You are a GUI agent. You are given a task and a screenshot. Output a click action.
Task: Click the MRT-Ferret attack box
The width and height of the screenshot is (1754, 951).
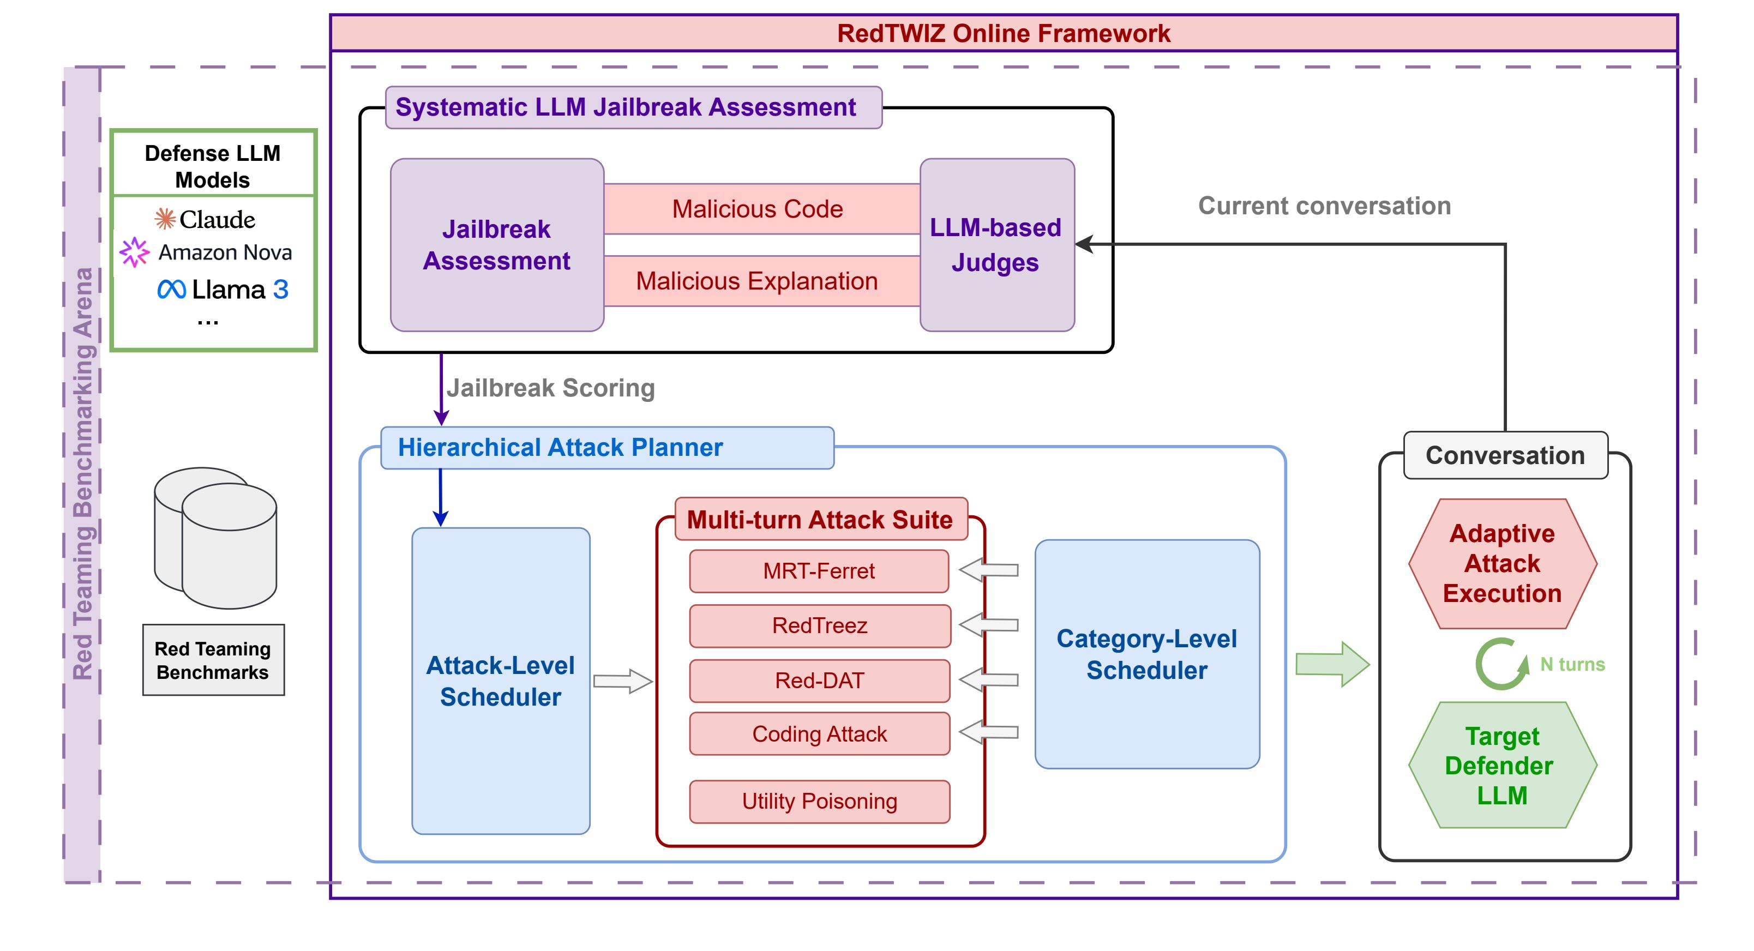(x=819, y=571)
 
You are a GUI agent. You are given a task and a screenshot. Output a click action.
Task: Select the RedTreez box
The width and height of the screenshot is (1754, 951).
(x=819, y=625)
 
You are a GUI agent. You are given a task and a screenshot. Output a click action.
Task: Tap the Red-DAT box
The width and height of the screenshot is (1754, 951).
(x=819, y=681)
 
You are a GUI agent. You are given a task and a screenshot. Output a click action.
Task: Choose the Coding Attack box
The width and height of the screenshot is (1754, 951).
(x=819, y=734)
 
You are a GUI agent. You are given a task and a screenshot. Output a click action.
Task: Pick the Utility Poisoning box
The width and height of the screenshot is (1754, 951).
(x=819, y=801)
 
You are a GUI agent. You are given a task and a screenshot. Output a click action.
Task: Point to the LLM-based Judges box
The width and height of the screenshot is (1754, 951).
(x=996, y=245)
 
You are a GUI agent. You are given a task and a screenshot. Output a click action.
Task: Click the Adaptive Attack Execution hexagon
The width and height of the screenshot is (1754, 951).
(x=1502, y=564)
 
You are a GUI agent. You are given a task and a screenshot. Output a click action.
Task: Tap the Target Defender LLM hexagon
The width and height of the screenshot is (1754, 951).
(x=1501, y=766)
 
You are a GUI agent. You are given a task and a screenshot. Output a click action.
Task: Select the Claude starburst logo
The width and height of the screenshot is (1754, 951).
(x=165, y=219)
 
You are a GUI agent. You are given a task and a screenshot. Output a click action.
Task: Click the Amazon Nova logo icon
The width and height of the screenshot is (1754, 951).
(x=134, y=252)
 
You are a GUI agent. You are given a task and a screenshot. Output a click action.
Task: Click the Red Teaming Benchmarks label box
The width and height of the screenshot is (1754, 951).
(x=213, y=660)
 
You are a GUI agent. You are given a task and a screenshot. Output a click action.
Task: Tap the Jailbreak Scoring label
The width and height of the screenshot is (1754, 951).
(x=550, y=388)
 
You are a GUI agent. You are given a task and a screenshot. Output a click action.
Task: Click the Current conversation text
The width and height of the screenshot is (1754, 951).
(x=1324, y=206)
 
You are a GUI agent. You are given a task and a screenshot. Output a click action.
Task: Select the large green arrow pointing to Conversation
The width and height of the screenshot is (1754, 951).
(x=1331, y=664)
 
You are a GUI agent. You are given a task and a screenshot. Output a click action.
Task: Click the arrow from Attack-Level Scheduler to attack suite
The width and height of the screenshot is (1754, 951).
(x=622, y=681)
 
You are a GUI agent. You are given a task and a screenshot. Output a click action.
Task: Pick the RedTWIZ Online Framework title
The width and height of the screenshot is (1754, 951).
(x=1003, y=33)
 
